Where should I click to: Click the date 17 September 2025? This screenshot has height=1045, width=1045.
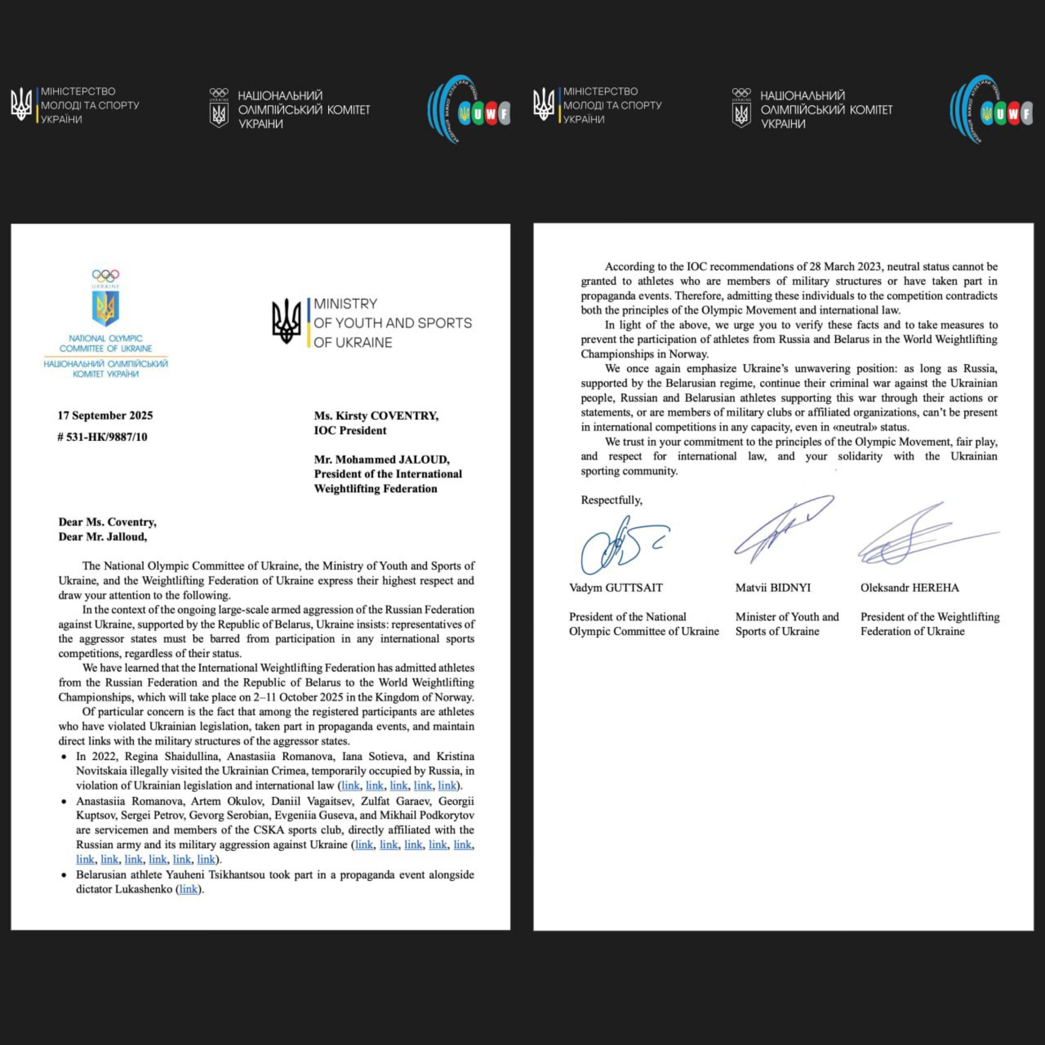click(x=105, y=416)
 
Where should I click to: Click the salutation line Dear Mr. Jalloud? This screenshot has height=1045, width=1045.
click(x=103, y=536)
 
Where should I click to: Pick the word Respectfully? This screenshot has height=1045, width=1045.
click(x=611, y=500)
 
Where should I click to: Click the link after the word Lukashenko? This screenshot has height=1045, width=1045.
click(x=188, y=889)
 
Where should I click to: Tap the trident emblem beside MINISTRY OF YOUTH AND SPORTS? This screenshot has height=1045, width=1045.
click(x=286, y=321)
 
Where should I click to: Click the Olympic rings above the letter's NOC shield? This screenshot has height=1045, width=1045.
click(x=105, y=275)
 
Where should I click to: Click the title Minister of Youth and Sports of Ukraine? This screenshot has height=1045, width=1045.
click(x=787, y=624)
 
